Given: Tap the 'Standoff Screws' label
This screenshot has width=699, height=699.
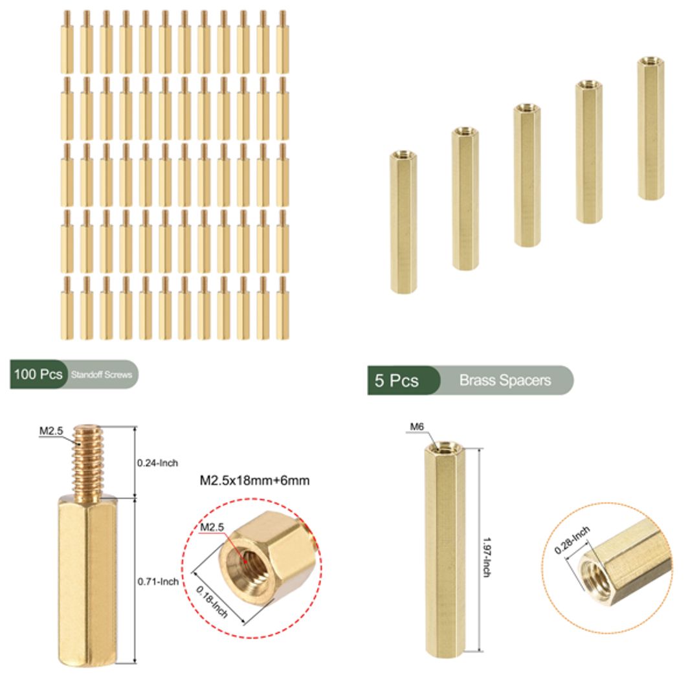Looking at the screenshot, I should (102, 375).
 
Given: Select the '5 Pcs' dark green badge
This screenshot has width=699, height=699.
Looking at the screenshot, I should (397, 381).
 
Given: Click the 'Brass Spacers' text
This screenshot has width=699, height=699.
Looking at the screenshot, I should (505, 381).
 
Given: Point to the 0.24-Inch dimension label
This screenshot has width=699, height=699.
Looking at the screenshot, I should (157, 463).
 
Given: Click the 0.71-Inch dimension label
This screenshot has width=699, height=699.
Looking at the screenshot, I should (158, 582).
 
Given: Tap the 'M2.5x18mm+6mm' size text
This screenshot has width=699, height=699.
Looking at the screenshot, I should (254, 481).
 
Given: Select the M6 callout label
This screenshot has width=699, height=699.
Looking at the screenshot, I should (417, 427).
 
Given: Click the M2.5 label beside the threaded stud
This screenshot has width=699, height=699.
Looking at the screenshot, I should (51, 430).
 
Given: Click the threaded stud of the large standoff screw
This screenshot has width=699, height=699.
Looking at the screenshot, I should (87, 461).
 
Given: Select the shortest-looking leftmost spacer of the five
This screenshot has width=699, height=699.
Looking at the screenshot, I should (404, 221).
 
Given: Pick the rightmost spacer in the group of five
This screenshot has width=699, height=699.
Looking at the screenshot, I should (650, 128).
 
